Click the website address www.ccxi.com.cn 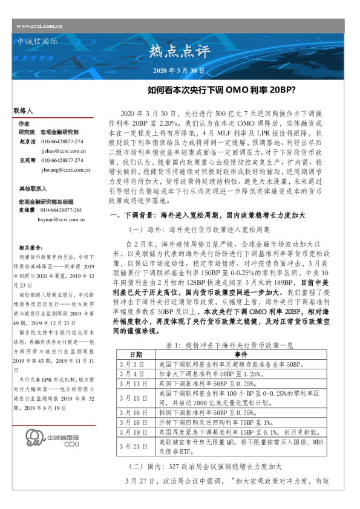tap(39, 25)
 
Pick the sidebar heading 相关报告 tap(31, 248)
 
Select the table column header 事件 tap(241, 354)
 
